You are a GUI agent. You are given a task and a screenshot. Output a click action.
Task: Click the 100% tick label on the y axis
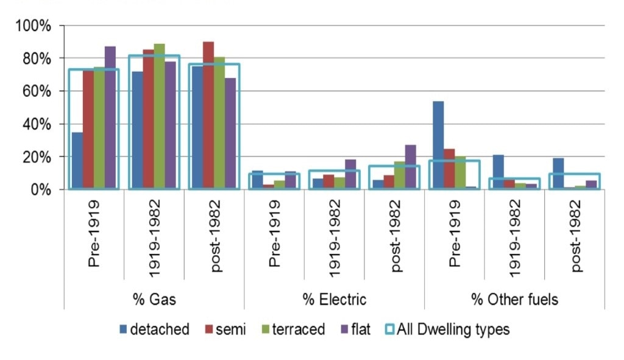(x=33, y=26)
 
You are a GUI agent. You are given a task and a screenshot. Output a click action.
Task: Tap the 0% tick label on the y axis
(x=40, y=189)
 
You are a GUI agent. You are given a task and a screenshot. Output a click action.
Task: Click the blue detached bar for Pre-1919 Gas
(x=77, y=161)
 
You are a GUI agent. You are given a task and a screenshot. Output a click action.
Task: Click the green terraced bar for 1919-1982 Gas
(x=160, y=117)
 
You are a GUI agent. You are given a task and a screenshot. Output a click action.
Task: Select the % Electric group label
(x=335, y=299)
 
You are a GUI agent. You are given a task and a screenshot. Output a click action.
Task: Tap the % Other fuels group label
(x=514, y=299)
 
